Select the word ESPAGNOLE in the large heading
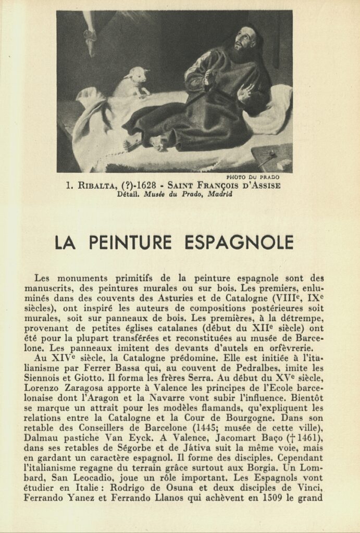[239, 243]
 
